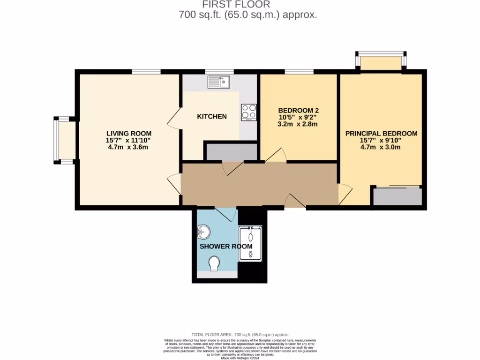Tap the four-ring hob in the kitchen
248,112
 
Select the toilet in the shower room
215,263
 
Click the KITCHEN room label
211,116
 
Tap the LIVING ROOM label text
127,133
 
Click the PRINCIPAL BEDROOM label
381,134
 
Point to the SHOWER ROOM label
226,246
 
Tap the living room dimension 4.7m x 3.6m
127,147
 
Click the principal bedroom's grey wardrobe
397,196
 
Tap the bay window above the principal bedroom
380,61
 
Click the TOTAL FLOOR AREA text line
240,335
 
